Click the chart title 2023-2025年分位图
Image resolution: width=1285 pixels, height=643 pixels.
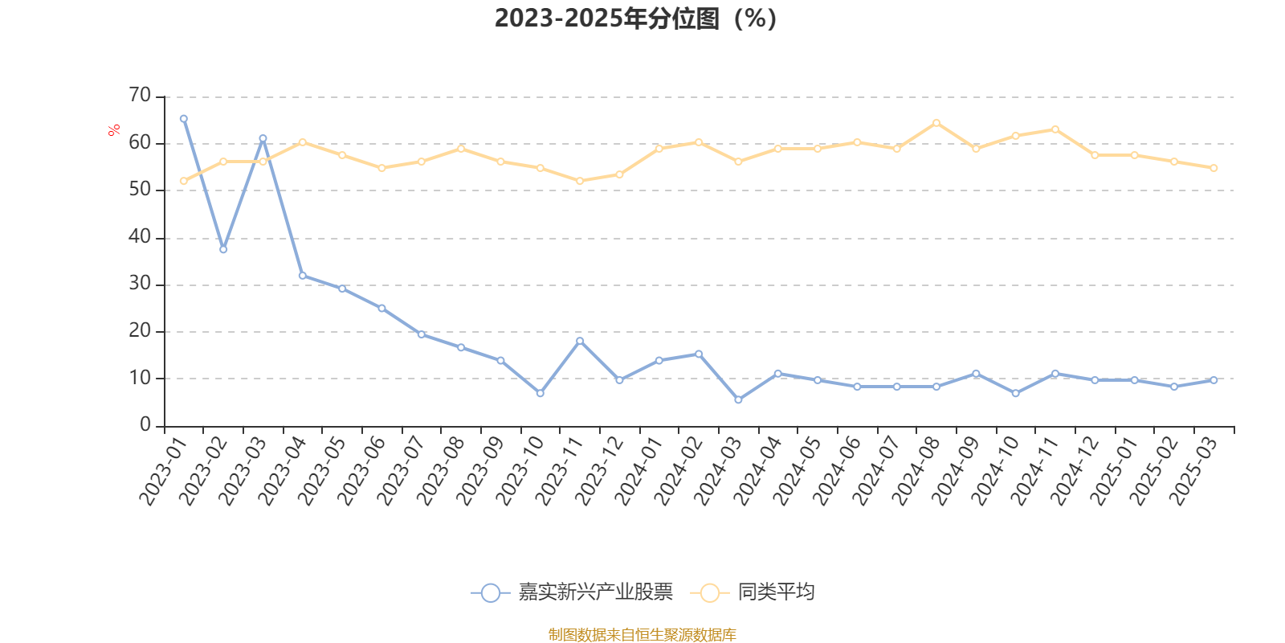coord(635,18)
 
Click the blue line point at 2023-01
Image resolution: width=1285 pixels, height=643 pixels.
coord(184,119)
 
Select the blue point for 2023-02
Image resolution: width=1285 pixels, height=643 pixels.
coord(223,249)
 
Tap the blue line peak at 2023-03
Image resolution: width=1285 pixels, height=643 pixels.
coord(263,138)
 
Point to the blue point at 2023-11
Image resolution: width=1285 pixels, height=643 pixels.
coord(580,341)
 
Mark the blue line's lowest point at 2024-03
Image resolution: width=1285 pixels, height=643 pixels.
coord(738,399)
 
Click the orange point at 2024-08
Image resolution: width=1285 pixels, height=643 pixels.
coord(936,123)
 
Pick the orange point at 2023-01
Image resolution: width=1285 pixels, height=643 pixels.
coord(184,181)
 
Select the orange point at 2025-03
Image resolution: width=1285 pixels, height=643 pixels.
coord(1214,168)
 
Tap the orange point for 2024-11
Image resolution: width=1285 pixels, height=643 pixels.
coord(1055,129)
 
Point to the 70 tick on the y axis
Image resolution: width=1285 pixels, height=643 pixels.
coord(140,96)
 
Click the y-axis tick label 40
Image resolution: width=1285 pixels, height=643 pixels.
coord(140,237)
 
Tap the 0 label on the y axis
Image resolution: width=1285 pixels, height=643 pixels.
coord(145,425)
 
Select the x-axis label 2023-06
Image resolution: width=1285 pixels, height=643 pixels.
coord(361,473)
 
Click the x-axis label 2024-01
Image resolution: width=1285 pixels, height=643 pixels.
coord(639,473)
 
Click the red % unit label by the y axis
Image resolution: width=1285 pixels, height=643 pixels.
coord(114,129)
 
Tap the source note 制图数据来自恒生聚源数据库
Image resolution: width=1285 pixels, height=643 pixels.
coord(642,635)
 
